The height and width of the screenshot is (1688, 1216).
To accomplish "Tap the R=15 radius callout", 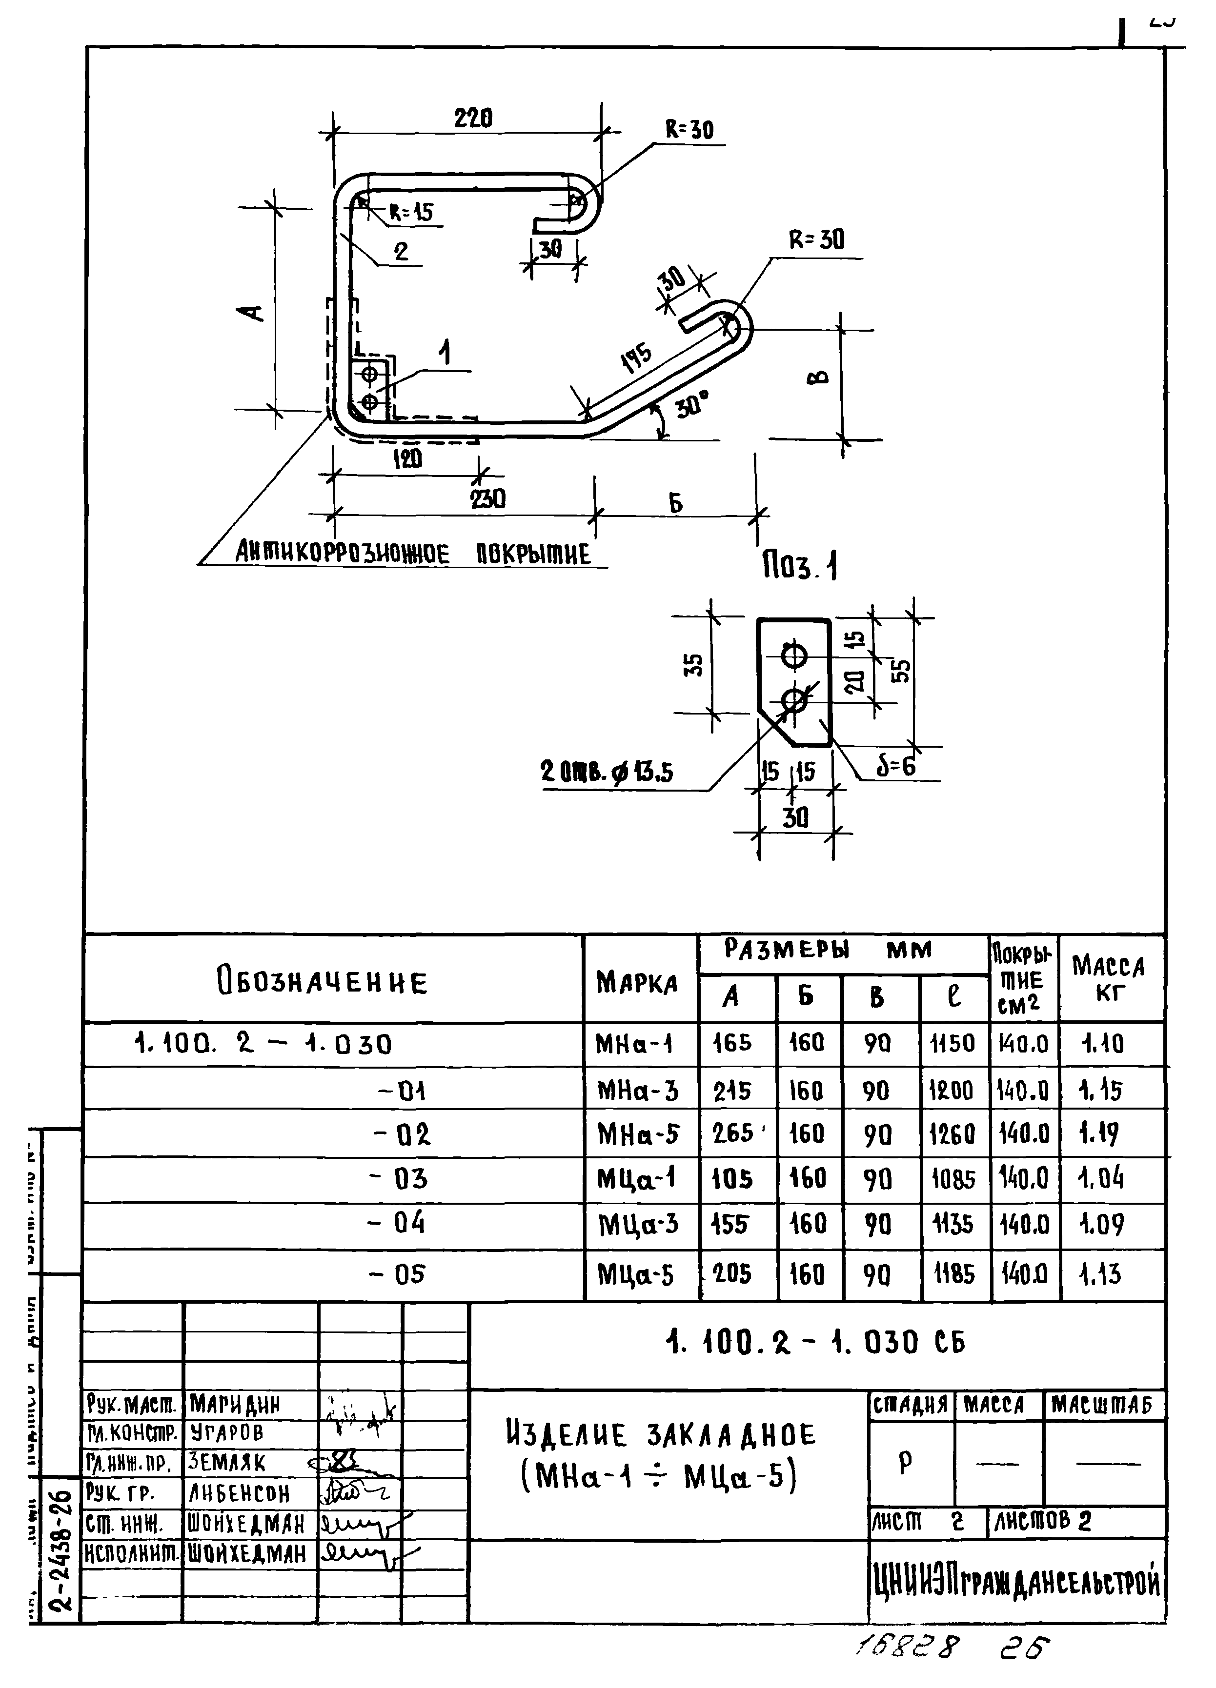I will pos(410,213).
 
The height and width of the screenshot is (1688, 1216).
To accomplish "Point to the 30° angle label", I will pos(692,406).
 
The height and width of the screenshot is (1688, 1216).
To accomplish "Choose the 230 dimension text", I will pos(488,498).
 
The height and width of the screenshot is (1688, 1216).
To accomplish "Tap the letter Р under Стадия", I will pos(906,1463).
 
